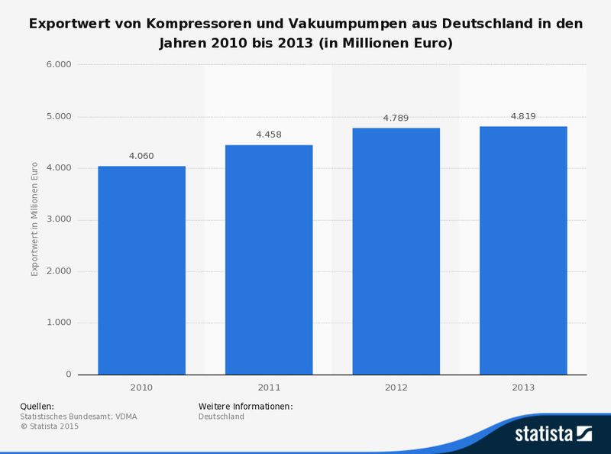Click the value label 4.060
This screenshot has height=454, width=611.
pos(141,156)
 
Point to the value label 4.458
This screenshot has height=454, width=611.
pos(268,135)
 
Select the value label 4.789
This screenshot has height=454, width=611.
pos(396,118)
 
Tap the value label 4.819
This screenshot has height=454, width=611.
pos(523,116)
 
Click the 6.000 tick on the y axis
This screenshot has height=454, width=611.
pos(59,65)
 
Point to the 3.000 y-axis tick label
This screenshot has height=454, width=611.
pos(59,219)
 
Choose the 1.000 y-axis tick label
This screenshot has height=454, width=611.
pos(59,323)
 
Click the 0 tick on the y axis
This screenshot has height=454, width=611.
pos(68,375)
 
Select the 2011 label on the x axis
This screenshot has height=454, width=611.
pos(268,388)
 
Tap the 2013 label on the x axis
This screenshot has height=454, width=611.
pos(523,388)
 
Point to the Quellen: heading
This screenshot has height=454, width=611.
pos(37,406)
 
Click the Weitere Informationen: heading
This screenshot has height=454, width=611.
pos(245,406)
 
